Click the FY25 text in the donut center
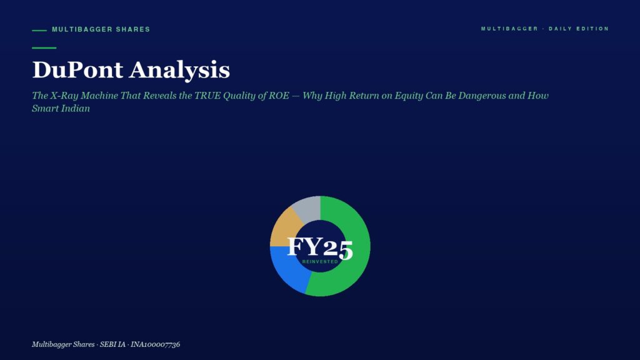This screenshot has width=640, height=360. pos(320,247)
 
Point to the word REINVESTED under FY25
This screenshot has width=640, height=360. pos(320,262)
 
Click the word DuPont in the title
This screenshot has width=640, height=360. pos(77,69)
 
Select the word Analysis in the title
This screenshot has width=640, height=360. pos(179,70)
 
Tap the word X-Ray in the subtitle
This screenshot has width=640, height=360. pos(64,96)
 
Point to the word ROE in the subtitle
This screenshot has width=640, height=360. pos(279,96)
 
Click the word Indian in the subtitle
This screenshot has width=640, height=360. pos(76,109)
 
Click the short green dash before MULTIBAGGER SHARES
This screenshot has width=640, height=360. pos(39,30)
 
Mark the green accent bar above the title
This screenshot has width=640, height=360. pos(44,47)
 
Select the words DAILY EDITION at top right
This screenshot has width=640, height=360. pos(579,29)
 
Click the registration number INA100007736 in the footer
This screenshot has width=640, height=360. pos(155,344)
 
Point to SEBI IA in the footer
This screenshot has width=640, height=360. pos(112,344)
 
